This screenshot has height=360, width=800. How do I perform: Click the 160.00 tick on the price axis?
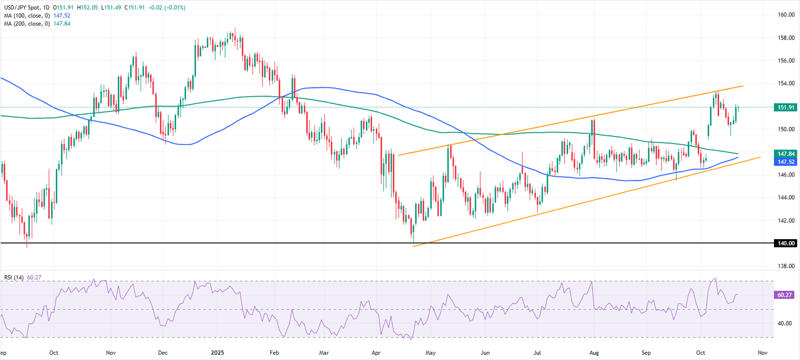click(785, 15)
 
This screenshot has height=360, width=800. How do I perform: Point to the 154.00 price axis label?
click(785, 83)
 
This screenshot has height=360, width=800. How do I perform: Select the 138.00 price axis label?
click(785, 266)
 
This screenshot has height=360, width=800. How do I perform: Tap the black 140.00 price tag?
click(785, 243)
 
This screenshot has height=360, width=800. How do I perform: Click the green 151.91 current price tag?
click(785, 107)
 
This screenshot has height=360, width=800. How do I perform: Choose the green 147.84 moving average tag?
click(785, 154)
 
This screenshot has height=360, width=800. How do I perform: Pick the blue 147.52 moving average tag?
click(785, 162)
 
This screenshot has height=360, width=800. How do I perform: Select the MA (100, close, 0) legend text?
click(26, 16)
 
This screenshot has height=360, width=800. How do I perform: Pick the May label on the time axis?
click(430, 352)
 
